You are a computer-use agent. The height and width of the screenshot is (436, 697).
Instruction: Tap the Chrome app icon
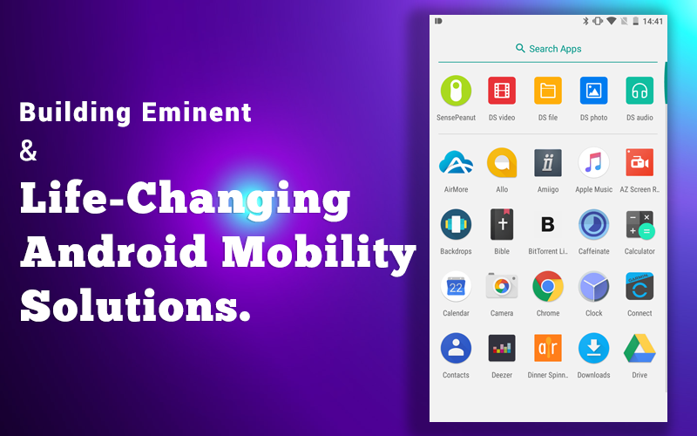point(548,287)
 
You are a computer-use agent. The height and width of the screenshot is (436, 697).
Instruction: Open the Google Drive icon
point(639,348)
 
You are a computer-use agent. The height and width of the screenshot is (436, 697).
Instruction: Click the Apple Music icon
point(593,162)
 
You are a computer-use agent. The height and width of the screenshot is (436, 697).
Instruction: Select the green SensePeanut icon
point(456,91)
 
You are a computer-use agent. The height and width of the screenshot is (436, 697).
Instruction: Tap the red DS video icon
point(502,91)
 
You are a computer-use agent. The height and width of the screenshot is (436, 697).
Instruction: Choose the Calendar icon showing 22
point(456,287)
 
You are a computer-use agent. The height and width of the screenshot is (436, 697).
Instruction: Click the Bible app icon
point(502,224)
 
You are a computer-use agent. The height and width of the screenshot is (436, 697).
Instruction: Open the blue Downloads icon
point(593,348)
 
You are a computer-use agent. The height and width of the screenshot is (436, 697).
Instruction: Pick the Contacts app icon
point(456,348)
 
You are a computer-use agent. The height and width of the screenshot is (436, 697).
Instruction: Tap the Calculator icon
point(639,225)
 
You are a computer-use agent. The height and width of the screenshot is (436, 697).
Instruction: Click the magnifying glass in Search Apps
point(520,48)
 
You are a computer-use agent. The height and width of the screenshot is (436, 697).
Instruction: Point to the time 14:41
point(653,21)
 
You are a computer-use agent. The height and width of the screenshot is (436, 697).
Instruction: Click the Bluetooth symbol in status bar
point(585,21)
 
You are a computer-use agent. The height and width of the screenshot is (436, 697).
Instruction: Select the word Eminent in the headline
point(197,112)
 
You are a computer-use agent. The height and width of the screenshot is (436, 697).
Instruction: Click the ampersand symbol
point(28,150)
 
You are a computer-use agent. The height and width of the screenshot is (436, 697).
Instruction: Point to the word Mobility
point(319,253)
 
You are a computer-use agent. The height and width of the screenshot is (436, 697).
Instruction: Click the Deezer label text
point(502,375)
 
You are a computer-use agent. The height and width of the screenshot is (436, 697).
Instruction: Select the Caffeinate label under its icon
point(593,251)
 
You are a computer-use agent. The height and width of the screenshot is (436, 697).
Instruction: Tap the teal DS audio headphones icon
point(639,91)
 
